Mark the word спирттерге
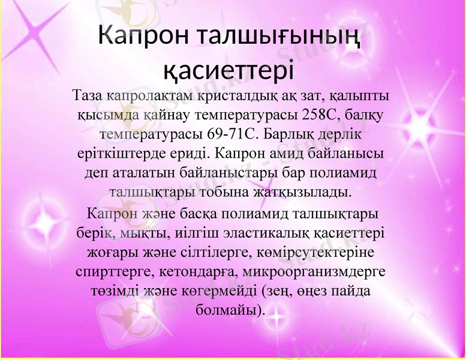115,271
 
